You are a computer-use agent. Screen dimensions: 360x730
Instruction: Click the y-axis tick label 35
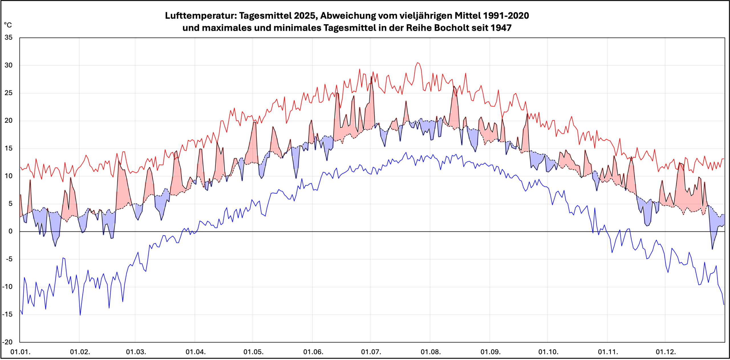pos(9,37)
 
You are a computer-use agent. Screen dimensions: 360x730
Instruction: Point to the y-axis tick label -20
pos(7,342)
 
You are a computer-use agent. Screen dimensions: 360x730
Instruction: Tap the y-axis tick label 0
pos(11,231)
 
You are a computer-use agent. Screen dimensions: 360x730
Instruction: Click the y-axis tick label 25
pos(9,93)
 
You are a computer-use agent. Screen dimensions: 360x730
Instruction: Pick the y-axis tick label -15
pos(7,314)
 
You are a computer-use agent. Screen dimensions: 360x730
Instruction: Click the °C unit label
pos(8,25)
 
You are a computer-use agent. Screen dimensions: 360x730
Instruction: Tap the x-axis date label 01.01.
pos(20,352)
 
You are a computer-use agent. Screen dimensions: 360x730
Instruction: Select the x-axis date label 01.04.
pos(196,352)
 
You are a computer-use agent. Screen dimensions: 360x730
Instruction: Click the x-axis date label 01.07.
pos(371,352)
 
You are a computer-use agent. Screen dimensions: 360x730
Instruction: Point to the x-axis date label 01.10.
pos(548,352)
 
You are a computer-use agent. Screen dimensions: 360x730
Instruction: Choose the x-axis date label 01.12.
pos(666,352)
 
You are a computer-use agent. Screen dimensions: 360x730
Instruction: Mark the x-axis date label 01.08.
pos(431,352)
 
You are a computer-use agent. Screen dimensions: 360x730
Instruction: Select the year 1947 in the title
pos(501,28)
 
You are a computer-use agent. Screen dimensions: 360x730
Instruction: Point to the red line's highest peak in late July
pos(417,62)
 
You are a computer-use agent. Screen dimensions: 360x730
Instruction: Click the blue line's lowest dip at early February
pos(80,315)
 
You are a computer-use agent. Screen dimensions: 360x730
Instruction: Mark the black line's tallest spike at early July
pos(371,76)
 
